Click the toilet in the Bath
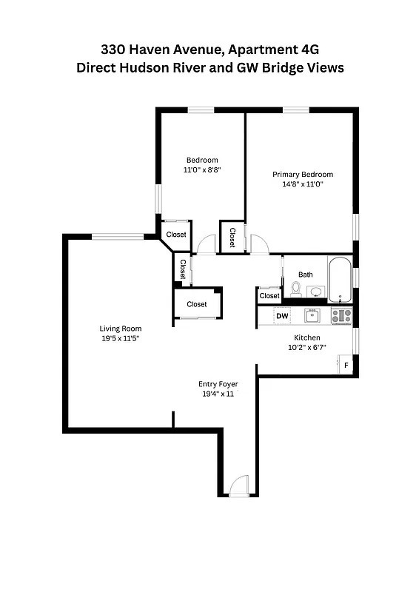coord(295,289)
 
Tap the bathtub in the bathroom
coord(341,280)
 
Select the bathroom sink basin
coord(316,292)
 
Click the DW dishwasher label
coord(282,316)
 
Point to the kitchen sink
coord(312,315)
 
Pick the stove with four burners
coord(341,316)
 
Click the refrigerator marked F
coord(346,365)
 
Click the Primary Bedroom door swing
coord(259,244)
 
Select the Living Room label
coord(121,329)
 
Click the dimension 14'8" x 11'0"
coord(303,184)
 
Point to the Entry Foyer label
coord(218,384)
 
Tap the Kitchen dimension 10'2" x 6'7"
coord(307,347)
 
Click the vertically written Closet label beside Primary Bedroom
coord(232,238)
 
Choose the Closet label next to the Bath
coord(269,296)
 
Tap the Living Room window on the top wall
coord(118,237)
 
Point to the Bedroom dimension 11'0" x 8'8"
coord(202,170)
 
